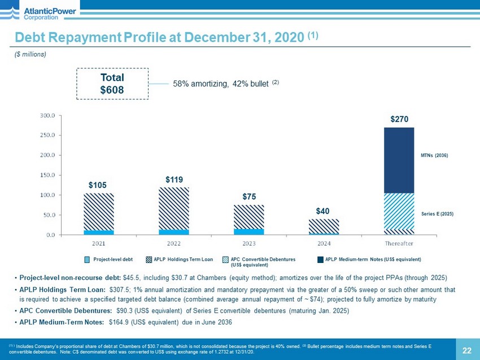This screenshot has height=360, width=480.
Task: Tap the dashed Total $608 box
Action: pyautogui.click(x=112, y=84)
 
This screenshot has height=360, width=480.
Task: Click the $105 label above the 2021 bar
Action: pyautogui.click(x=98, y=185)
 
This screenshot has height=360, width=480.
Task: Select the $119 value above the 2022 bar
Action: pyautogui.click(x=174, y=179)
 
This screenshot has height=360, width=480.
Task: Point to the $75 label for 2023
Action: pyautogui.click(x=249, y=196)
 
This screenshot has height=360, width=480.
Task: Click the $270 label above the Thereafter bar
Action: pyautogui.click(x=399, y=119)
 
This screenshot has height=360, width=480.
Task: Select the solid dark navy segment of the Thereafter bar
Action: pyautogui.click(x=399, y=160)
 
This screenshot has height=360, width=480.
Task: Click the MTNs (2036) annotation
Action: pyautogui.click(x=434, y=155)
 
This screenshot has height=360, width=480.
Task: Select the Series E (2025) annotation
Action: pyautogui.click(x=437, y=214)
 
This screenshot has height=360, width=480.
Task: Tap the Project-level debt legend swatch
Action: pyautogui.click(x=87, y=260)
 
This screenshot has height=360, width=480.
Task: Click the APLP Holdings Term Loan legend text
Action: pyautogui.click(x=183, y=260)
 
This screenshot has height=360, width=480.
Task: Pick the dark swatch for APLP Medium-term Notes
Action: pyautogui.click(x=320, y=260)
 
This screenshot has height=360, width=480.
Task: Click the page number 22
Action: pyautogui.click(x=466, y=350)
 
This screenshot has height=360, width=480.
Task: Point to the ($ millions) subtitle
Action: pyautogui.click(x=30, y=54)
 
